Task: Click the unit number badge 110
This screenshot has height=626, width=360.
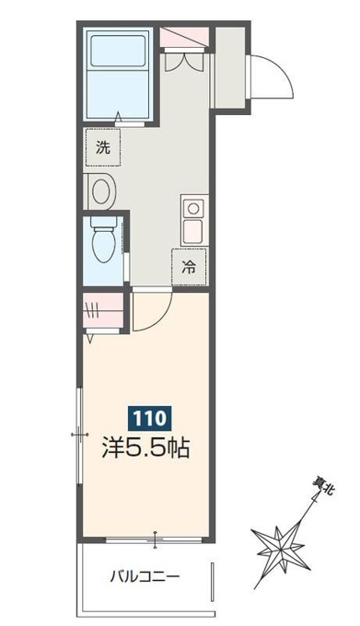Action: tap(149, 418)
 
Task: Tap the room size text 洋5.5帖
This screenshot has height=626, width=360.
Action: tap(145, 447)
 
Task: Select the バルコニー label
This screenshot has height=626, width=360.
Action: tap(145, 576)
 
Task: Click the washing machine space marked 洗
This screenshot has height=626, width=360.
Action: tap(103, 147)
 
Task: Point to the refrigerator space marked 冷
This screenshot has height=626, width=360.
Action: tap(189, 267)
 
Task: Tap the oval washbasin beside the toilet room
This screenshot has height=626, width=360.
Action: tap(102, 191)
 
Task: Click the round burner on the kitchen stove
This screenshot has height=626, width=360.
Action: tap(193, 208)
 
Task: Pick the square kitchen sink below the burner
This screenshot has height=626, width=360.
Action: tap(193, 232)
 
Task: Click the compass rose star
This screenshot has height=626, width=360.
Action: tap(281, 550)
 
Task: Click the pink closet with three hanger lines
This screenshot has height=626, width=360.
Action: tap(102, 310)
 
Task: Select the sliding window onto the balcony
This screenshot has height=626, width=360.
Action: tap(154, 539)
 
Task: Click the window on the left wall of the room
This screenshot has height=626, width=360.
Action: tap(79, 434)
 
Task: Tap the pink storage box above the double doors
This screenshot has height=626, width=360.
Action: tap(184, 37)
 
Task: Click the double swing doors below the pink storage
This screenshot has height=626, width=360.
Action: tap(184, 60)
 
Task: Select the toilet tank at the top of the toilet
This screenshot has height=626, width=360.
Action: tap(103, 222)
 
